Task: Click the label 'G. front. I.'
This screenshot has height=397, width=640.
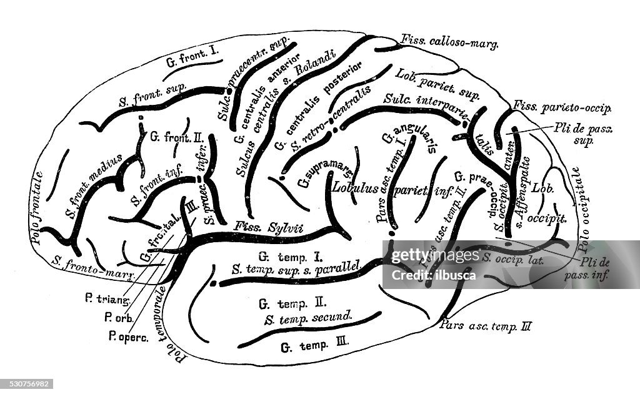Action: (x=191, y=61)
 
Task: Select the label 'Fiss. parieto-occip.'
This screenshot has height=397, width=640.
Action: (x=561, y=107)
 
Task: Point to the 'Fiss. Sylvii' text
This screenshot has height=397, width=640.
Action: (x=259, y=227)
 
